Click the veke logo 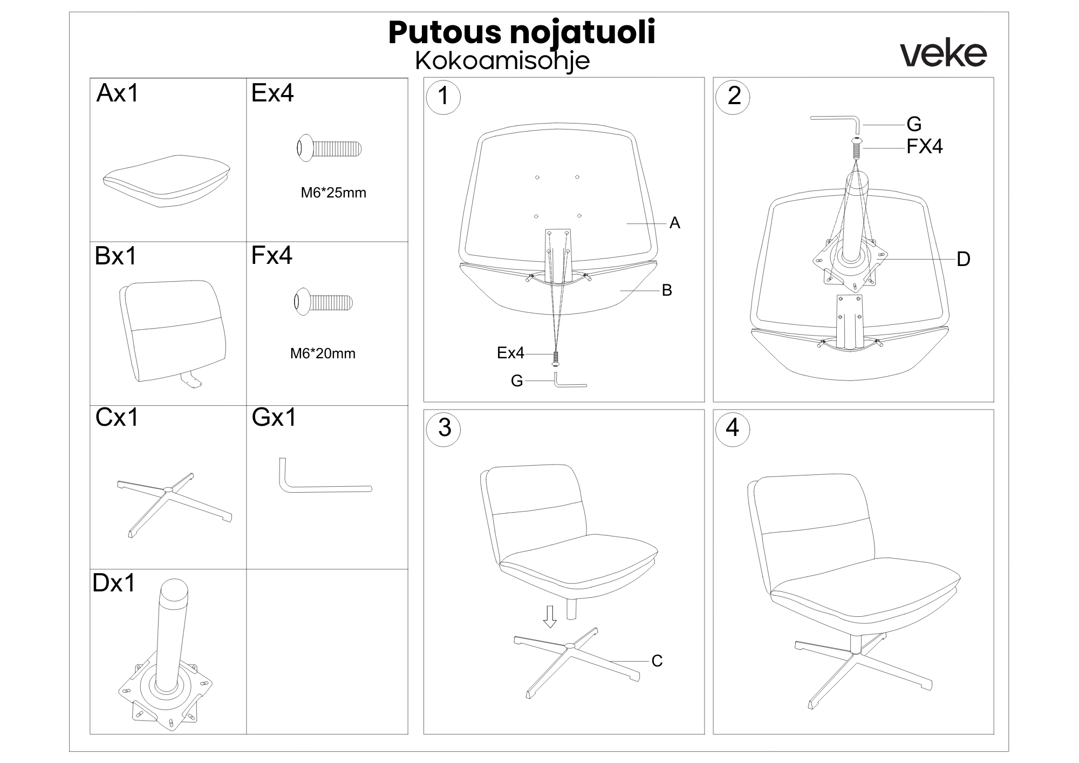coord(944,54)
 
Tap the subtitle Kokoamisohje coord(502,61)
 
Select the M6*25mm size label coord(333,193)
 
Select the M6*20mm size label coord(323,353)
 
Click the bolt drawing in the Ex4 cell coord(329,148)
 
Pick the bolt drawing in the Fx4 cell coord(323,302)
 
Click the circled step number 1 coord(443,97)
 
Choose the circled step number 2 coord(733,97)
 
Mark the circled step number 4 coord(733,428)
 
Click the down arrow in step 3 coord(550,617)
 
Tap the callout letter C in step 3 coord(657,661)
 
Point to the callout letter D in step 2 coord(963,260)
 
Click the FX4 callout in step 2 coord(925,147)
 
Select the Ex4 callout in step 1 coord(510,353)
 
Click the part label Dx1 coord(114,583)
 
